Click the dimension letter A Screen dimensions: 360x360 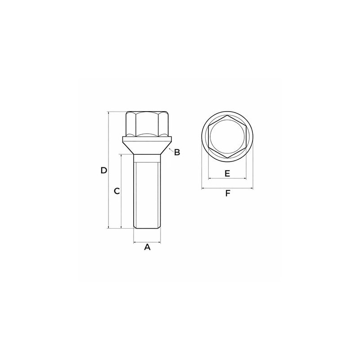click(x=147, y=247)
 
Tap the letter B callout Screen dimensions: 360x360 click(x=177, y=152)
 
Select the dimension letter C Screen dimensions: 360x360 click(x=117, y=191)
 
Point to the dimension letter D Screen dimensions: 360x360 click(x=104, y=171)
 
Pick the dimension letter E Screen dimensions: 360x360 click(x=227, y=173)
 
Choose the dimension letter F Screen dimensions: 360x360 click(x=227, y=193)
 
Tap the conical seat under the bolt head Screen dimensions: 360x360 click(x=147, y=148)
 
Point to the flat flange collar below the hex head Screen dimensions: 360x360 click(x=147, y=139)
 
